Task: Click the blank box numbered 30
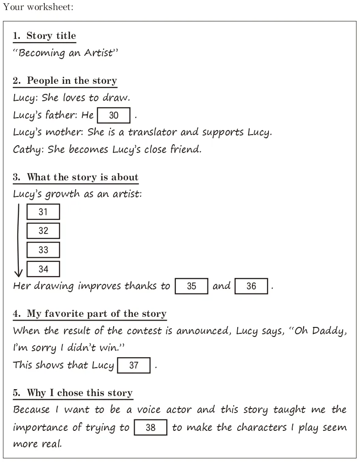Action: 114,115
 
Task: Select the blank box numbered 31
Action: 43,212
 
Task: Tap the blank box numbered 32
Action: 43,231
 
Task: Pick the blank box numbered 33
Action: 43,250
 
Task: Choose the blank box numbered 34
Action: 43,269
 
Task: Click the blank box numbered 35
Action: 191,286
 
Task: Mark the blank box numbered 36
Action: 251,286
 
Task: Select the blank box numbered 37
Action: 134,365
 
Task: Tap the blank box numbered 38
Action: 150,428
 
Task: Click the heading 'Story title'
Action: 51,36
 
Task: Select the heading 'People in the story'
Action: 71,81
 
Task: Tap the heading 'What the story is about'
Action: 82,177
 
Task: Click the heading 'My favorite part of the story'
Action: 96,314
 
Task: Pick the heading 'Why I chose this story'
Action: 79,393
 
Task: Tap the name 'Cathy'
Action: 27,150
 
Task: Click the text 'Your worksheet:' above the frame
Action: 38,7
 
